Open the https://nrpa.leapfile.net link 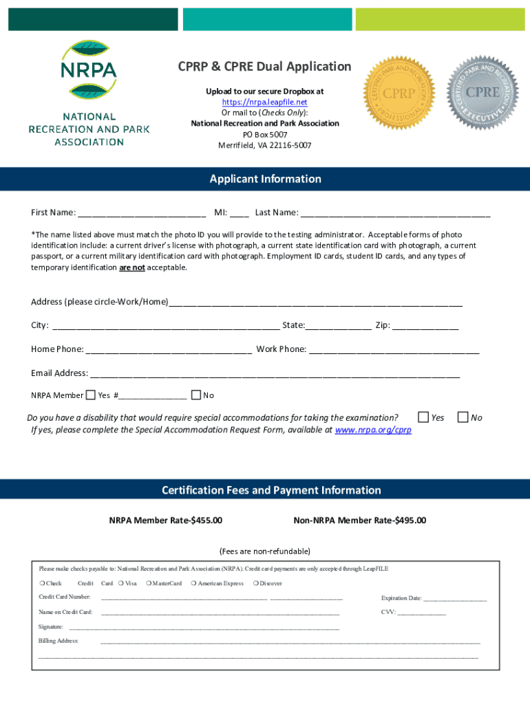[x=264, y=102]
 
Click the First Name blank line [x=142, y=213]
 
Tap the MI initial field [x=240, y=213]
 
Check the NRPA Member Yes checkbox [x=90, y=395]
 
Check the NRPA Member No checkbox [x=195, y=395]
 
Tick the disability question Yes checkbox [x=423, y=417]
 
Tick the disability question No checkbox [x=463, y=417]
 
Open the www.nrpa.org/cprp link [x=372, y=430]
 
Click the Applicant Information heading [x=265, y=179]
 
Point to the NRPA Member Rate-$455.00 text [x=166, y=520]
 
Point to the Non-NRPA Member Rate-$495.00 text [x=359, y=520]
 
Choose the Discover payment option [x=267, y=584]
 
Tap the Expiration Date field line [x=455, y=599]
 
